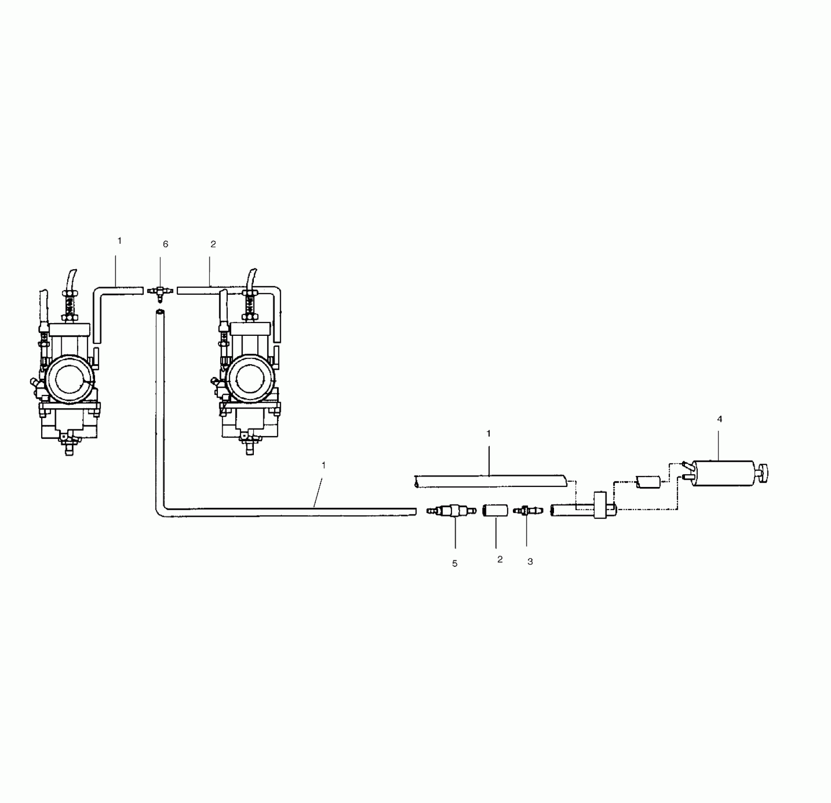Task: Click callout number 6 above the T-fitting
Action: [165, 244]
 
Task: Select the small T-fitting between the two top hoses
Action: [160, 292]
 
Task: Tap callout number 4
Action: [719, 419]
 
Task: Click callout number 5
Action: [455, 564]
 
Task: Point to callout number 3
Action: [530, 562]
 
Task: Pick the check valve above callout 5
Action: [451, 511]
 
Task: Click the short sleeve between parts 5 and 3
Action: [494, 511]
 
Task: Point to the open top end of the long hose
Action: [160, 312]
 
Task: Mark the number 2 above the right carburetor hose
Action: [213, 244]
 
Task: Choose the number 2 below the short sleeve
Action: [500, 559]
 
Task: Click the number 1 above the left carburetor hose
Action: [120, 241]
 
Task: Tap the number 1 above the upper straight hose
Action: [489, 434]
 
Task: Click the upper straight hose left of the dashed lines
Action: [490, 481]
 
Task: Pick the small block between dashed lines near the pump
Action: [648, 482]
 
